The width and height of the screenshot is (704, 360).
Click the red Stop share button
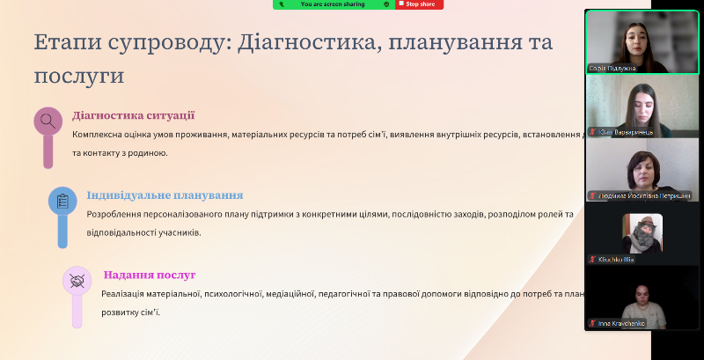[x=420, y=4]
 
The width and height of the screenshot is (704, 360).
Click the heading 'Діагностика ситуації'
[x=133, y=115]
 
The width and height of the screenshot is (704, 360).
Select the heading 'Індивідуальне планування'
[x=165, y=195]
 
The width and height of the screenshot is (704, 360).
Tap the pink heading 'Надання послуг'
[x=149, y=276]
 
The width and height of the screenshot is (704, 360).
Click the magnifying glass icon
[x=48, y=121]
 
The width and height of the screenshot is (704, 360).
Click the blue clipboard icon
[x=62, y=202]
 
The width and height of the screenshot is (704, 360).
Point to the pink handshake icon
[x=77, y=282]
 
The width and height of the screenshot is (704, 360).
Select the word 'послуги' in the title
[x=78, y=76]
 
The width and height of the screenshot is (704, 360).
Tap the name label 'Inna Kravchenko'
[x=621, y=324]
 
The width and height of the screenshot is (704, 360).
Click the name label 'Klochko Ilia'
[x=616, y=260]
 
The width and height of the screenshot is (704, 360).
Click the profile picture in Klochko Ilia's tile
[x=642, y=233]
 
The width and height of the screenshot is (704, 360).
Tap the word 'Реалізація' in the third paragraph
[x=125, y=295]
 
